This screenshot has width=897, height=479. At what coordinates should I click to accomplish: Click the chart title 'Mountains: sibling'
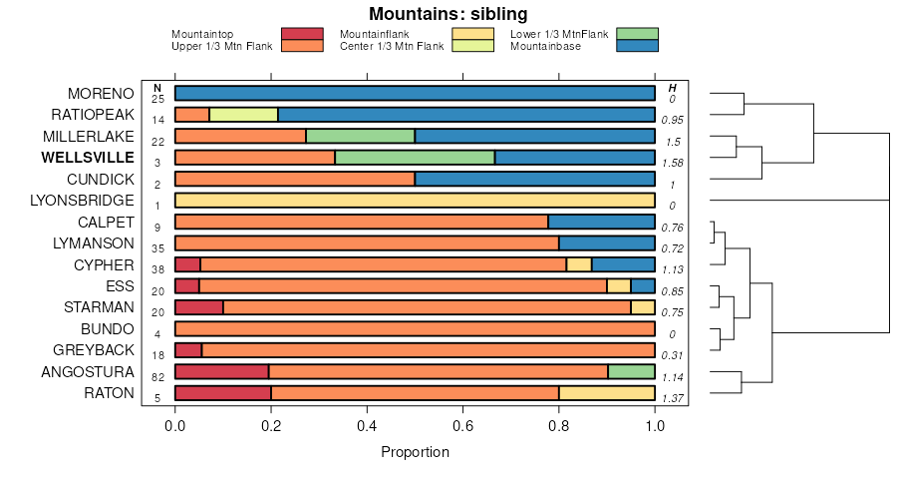click(x=448, y=14)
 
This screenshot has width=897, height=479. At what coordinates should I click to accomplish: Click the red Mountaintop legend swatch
click(x=302, y=34)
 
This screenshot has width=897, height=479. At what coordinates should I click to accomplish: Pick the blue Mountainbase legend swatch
click(x=637, y=45)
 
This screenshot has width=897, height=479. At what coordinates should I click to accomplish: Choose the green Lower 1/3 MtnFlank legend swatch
click(x=637, y=34)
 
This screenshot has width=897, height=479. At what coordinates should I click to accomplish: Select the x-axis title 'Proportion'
click(x=415, y=452)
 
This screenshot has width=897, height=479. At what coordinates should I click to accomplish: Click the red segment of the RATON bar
click(x=223, y=393)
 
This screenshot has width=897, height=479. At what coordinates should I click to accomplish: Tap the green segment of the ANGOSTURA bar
click(x=631, y=371)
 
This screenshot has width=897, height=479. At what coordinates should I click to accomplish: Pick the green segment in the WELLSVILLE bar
click(x=415, y=158)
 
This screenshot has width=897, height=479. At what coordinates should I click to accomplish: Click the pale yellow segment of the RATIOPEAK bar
click(x=243, y=115)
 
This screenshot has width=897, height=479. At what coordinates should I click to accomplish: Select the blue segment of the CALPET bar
click(x=601, y=222)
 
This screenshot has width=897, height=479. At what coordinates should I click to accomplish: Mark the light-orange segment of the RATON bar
click(x=606, y=393)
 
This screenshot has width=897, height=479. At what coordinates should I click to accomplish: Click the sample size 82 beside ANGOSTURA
click(x=157, y=377)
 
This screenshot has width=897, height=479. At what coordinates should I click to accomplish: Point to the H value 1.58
click(x=673, y=163)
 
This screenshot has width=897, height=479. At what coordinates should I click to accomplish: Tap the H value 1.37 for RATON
click(x=673, y=398)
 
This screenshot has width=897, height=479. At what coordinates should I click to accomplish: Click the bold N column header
click(x=157, y=88)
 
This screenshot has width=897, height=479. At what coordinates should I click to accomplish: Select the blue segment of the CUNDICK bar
click(x=534, y=179)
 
